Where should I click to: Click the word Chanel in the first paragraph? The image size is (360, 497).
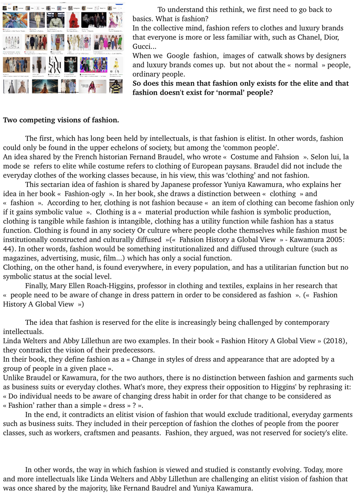[x=308, y=37]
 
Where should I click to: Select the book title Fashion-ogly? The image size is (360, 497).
[x=85, y=194]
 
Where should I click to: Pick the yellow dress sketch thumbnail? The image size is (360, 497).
[x=116, y=65]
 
